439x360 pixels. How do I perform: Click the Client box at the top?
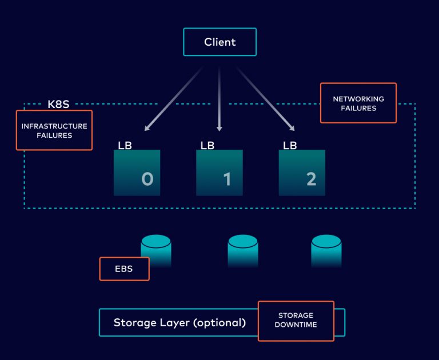pyautogui.click(x=219, y=42)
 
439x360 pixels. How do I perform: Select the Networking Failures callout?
pyautogui.click(x=358, y=103)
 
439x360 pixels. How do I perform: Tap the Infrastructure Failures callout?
pyautogui.click(x=54, y=130)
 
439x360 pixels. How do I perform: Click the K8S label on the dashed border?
pyautogui.click(x=59, y=105)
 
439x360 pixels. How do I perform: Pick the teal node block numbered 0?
pyautogui.click(x=137, y=173)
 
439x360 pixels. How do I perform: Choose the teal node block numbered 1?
pyautogui.click(x=219, y=173)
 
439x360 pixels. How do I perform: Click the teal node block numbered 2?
pyautogui.click(x=302, y=173)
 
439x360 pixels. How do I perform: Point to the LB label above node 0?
pyautogui.click(x=125, y=145)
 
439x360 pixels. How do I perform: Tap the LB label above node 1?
pyautogui.click(x=207, y=145)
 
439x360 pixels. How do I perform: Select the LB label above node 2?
pyautogui.click(x=290, y=145)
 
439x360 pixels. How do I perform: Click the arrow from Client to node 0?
pyautogui.click(x=174, y=99)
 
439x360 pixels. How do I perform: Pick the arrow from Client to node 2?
pyautogui.click(x=266, y=99)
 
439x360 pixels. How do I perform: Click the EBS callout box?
pyautogui.click(x=124, y=269)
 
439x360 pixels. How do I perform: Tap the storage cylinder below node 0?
pyautogui.click(x=156, y=249)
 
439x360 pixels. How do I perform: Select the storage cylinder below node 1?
pyautogui.click(x=243, y=249)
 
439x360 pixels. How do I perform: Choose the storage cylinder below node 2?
pyautogui.click(x=326, y=249)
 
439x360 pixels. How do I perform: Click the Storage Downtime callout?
pyautogui.click(x=296, y=320)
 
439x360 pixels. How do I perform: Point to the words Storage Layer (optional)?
pyautogui.click(x=179, y=322)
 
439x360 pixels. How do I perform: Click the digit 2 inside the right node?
pyautogui.click(x=311, y=179)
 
